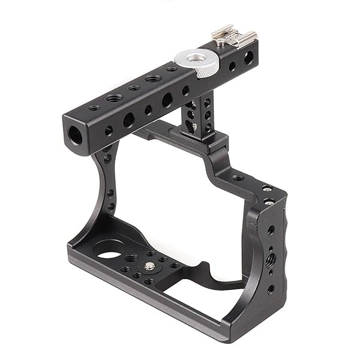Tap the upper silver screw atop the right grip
point(267,189)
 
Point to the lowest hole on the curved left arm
point(111,207)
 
